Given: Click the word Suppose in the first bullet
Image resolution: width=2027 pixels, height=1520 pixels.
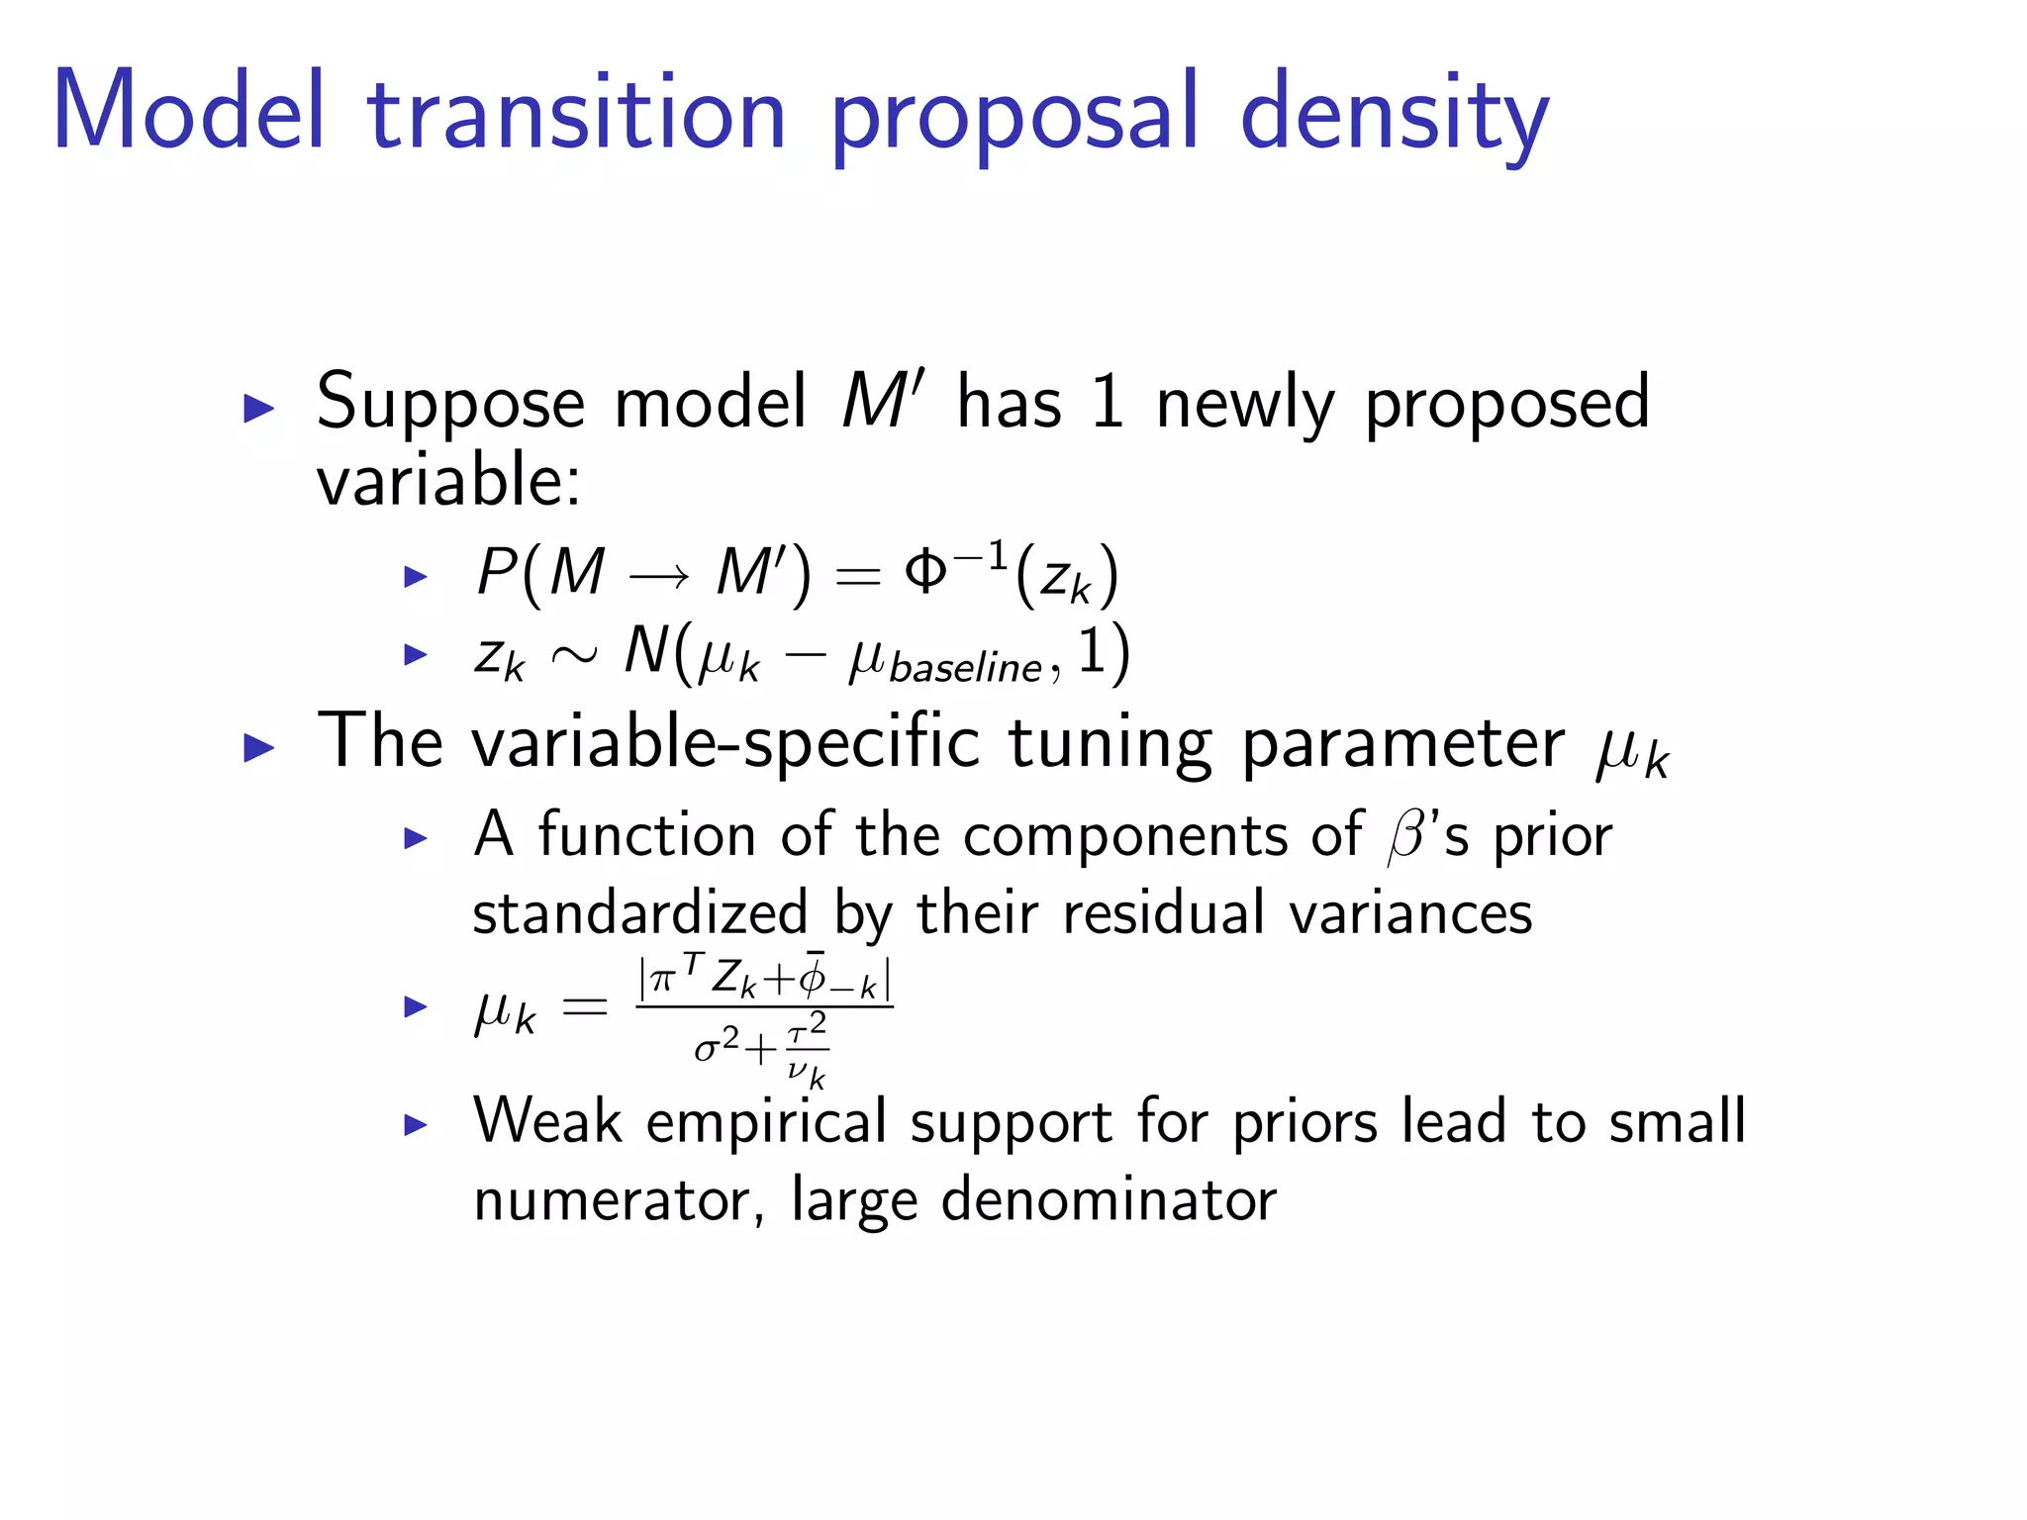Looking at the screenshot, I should coord(450,405).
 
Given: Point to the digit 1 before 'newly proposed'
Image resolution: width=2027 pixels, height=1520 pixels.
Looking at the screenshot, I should coord(1107,403).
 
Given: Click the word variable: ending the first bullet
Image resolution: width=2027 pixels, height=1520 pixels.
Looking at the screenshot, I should coord(448,482).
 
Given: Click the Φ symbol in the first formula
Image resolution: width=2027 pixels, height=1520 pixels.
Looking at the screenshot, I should coord(925,571).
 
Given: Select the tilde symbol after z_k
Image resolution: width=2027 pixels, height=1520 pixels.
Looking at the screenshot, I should coord(574,654).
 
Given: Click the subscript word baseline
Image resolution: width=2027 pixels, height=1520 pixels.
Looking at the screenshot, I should coord(965,669).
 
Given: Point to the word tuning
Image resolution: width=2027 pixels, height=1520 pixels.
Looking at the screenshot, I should coord(1110,744).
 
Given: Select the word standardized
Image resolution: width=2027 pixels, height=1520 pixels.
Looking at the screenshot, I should coord(639,912).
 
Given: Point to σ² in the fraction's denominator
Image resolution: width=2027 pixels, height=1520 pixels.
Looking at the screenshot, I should coord(717,1045).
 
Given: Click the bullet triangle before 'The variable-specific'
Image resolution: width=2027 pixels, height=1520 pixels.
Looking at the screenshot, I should coord(258,747).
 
